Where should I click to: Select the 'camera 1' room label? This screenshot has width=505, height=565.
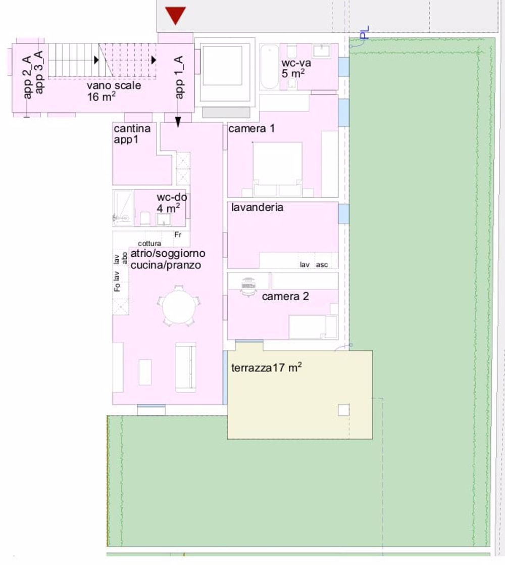[x=251, y=129]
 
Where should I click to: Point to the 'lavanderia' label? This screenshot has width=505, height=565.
[x=257, y=207]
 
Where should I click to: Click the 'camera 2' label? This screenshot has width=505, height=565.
[x=285, y=297]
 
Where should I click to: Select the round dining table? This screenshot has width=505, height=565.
[x=179, y=307]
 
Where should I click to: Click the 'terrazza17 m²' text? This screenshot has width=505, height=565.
[x=266, y=368]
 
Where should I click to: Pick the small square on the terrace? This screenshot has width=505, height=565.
[x=343, y=410]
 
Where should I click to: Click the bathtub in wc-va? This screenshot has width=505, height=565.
[x=270, y=67]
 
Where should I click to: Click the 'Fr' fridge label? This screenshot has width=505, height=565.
[x=177, y=235]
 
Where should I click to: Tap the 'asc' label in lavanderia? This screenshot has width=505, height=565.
[x=322, y=265]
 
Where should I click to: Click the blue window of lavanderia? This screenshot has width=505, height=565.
[x=343, y=213]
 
